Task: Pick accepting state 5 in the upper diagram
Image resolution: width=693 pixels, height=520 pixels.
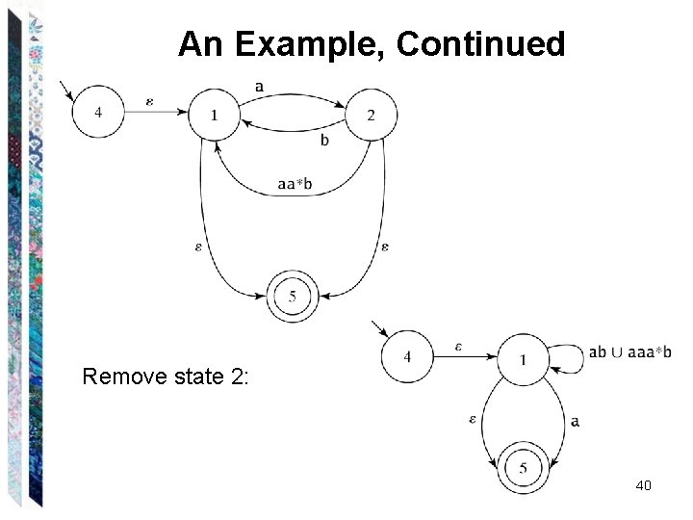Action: click(x=293, y=294)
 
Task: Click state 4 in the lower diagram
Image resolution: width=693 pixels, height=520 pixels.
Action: click(x=407, y=358)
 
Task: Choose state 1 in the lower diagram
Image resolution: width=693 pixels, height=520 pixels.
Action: click(x=524, y=360)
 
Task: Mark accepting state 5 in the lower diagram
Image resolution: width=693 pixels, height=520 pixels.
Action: click(x=524, y=469)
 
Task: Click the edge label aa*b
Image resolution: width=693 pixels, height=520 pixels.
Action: click(x=295, y=185)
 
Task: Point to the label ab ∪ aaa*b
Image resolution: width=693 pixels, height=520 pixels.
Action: click(x=630, y=352)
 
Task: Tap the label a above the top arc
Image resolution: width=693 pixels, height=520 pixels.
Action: click(x=261, y=87)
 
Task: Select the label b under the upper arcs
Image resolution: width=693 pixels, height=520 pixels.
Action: click(x=324, y=141)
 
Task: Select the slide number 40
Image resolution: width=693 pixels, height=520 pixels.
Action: click(x=644, y=485)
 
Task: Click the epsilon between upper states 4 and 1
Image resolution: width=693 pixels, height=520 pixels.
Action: click(x=148, y=100)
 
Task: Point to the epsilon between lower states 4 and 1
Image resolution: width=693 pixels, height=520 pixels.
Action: click(x=459, y=346)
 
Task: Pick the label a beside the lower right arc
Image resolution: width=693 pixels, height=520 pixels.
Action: click(x=575, y=421)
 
